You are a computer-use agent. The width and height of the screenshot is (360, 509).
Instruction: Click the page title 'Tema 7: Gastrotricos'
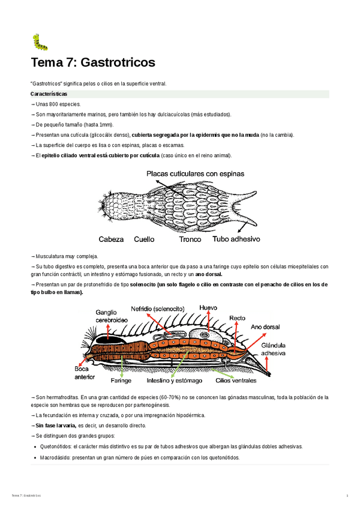coord(93,62)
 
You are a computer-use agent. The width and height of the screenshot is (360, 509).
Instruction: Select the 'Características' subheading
coord(49,94)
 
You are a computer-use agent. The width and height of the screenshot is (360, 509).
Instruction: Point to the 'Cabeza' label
coord(111,239)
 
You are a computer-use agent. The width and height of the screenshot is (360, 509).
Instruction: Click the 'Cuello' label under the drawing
coord(144,239)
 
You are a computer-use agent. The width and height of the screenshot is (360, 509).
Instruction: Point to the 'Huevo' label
coord(208,307)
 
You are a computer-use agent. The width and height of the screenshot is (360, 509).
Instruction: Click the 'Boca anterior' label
coord(85,373)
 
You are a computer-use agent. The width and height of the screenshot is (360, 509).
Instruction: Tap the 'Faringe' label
coord(122,381)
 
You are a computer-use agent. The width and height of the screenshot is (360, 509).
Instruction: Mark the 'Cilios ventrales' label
coord(236,381)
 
